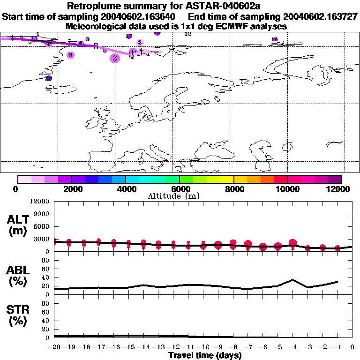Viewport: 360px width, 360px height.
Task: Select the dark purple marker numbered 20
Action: click(48, 79)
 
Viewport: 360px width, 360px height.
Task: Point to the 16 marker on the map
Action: click(275, 39)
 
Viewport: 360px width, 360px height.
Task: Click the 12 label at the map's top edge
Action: click(188, 34)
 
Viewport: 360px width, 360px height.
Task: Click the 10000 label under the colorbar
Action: click(288, 189)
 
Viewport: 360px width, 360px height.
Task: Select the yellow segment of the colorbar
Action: click(227, 179)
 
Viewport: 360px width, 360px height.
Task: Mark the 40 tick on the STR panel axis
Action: click(46, 321)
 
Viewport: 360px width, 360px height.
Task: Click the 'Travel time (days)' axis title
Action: click(205, 355)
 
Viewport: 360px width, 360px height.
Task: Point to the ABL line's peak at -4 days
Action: click(292, 280)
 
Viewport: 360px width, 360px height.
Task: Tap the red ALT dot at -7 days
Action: click(248, 244)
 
